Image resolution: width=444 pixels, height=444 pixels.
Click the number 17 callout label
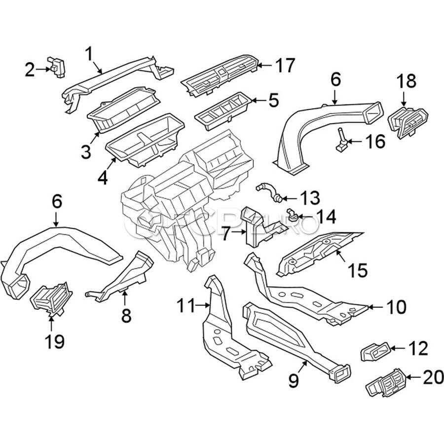(285, 66)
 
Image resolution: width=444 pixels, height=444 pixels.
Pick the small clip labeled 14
(292, 214)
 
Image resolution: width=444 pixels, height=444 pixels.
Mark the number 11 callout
(186, 307)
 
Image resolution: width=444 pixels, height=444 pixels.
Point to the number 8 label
(126, 315)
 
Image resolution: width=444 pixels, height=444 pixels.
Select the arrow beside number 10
(376, 307)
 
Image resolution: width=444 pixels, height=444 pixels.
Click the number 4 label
(102, 176)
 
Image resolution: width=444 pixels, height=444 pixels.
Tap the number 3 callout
(86, 151)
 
